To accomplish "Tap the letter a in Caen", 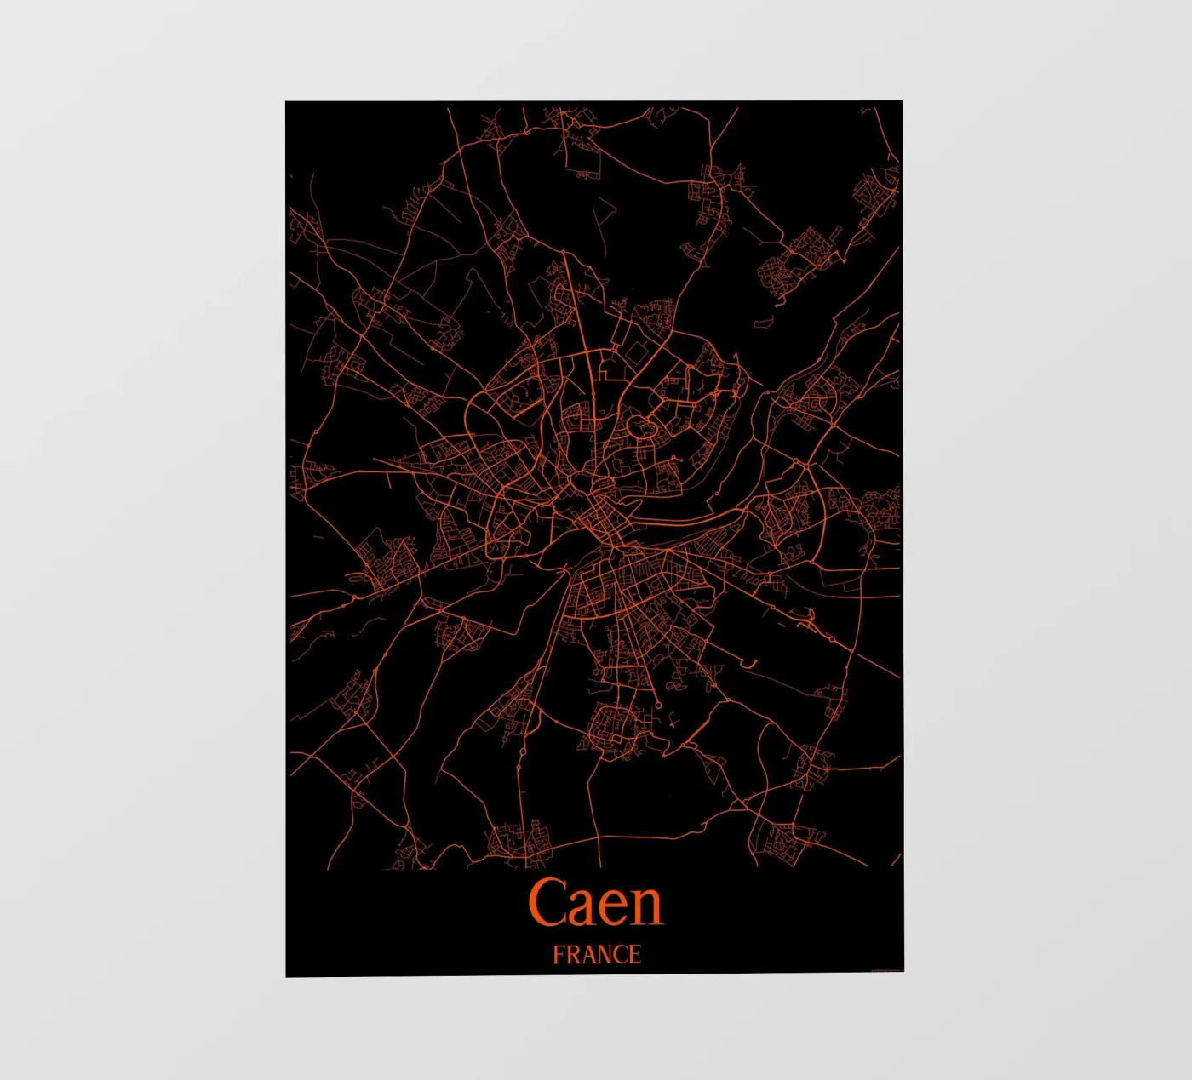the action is [587, 907].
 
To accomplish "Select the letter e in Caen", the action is [616, 907].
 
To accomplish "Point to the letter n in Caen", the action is [647, 907].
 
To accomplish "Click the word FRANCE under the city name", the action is [596, 955].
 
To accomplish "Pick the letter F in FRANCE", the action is [559, 955].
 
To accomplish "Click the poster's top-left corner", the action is [286, 102].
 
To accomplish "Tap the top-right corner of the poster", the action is [902, 101].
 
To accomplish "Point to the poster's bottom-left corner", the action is [286, 976].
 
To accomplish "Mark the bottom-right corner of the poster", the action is [903, 971].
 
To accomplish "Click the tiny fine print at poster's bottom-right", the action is [885, 969].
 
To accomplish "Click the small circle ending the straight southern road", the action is [659, 705].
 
